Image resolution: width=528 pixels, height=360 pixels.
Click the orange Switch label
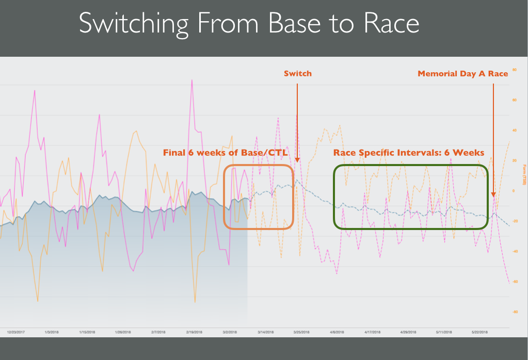pyautogui.click(x=298, y=74)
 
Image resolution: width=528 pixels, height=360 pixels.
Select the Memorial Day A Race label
pyautogui.click(x=462, y=74)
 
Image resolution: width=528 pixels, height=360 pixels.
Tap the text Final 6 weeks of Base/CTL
pyautogui.click(x=225, y=153)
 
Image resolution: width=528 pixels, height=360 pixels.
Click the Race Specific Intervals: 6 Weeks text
pyautogui.click(x=408, y=153)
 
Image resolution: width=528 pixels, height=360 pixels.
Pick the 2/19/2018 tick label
pyautogui.click(x=195, y=333)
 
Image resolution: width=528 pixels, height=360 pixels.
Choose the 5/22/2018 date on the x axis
pyautogui.click(x=484, y=333)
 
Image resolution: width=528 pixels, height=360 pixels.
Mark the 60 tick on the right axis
pyautogui.click(x=514, y=100)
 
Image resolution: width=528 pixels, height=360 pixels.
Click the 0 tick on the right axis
pyautogui.click(x=514, y=191)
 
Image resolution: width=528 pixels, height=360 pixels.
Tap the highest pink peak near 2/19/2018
pyautogui.click(x=192, y=80)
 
